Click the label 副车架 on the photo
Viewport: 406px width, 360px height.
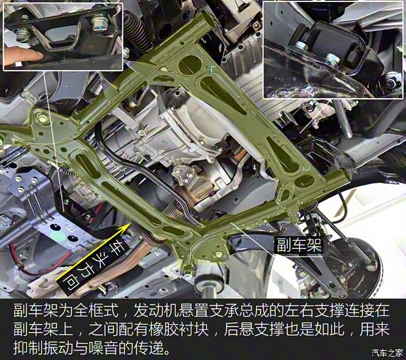point(298,245)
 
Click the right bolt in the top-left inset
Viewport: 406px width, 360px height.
point(98,25)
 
